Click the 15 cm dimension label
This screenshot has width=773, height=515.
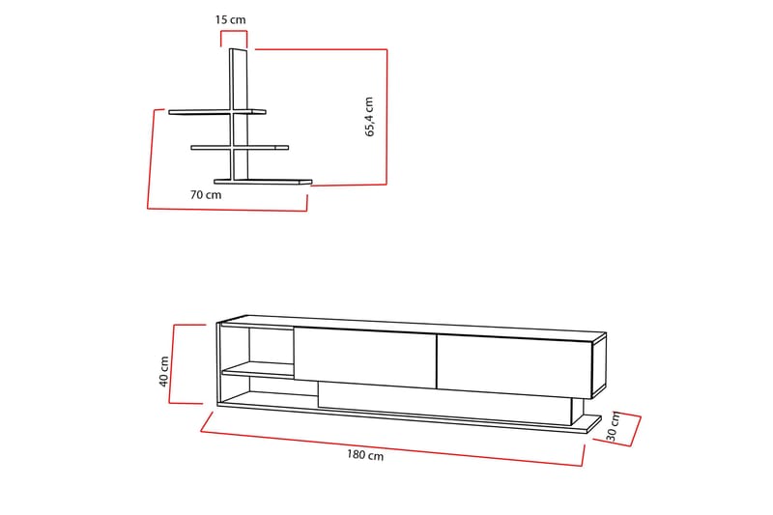coord(229,18)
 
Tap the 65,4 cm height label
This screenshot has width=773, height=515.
coord(370,117)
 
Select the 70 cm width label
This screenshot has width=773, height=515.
coord(206,194)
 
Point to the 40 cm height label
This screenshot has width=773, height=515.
coord(163,371)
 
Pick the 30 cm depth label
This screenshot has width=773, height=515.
coord(613,430)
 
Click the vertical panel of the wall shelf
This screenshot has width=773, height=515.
coord(239,97)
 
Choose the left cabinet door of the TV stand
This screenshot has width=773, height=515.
coord(364,357)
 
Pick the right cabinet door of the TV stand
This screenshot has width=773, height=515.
coord(512,363)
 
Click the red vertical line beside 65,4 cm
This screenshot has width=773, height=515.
coord(386,116)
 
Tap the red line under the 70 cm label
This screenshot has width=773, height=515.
coord(227,209)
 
